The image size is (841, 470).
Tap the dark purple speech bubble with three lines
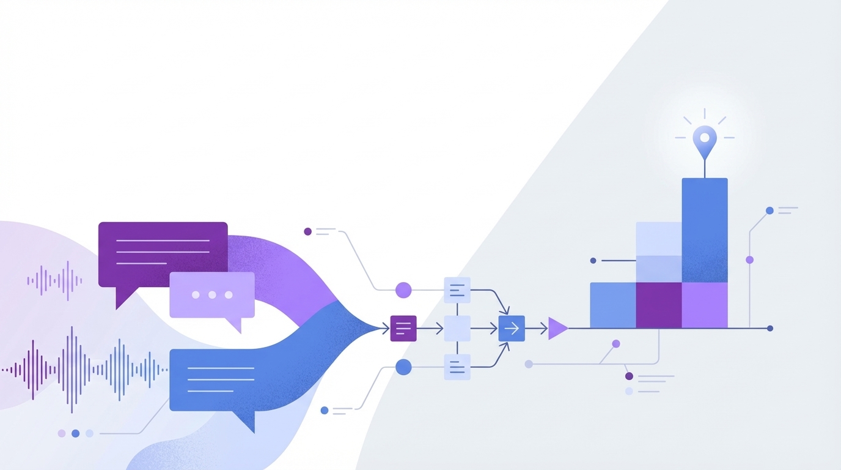tap(163, 252)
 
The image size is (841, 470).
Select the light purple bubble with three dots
tap(212, 294)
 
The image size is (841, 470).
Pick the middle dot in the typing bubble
tap(212, 294)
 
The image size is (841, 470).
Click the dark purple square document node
tap(403, 329)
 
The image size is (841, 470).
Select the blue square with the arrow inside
tap(512, 329)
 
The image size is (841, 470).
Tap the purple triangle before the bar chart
tap(557, 329)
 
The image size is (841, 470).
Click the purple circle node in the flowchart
tap(403, 290)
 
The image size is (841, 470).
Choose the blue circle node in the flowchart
tap(403, 367)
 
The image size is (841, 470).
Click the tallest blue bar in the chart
tap(704, 229)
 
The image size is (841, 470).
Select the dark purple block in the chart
tap(658, 305)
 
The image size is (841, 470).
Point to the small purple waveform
tap(54, 281)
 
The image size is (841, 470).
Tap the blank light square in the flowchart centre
tap(457, 329)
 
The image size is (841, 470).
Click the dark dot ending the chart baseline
tap(769, 329)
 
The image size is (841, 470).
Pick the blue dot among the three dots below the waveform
tap(75, 433)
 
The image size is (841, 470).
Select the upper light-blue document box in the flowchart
tap(457, 290)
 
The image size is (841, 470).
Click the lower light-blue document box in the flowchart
tap(457, 367)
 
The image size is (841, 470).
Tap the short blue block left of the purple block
tap(612, 305)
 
